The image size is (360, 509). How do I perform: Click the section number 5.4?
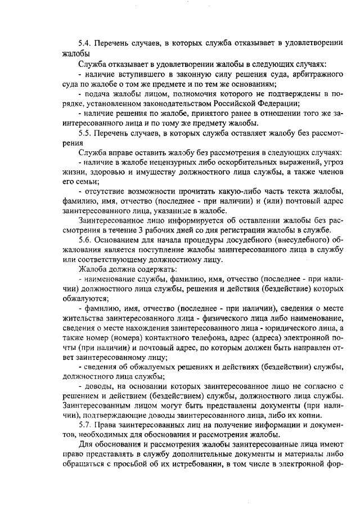coord(85,43)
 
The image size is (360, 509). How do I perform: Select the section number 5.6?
coord(85,239)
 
